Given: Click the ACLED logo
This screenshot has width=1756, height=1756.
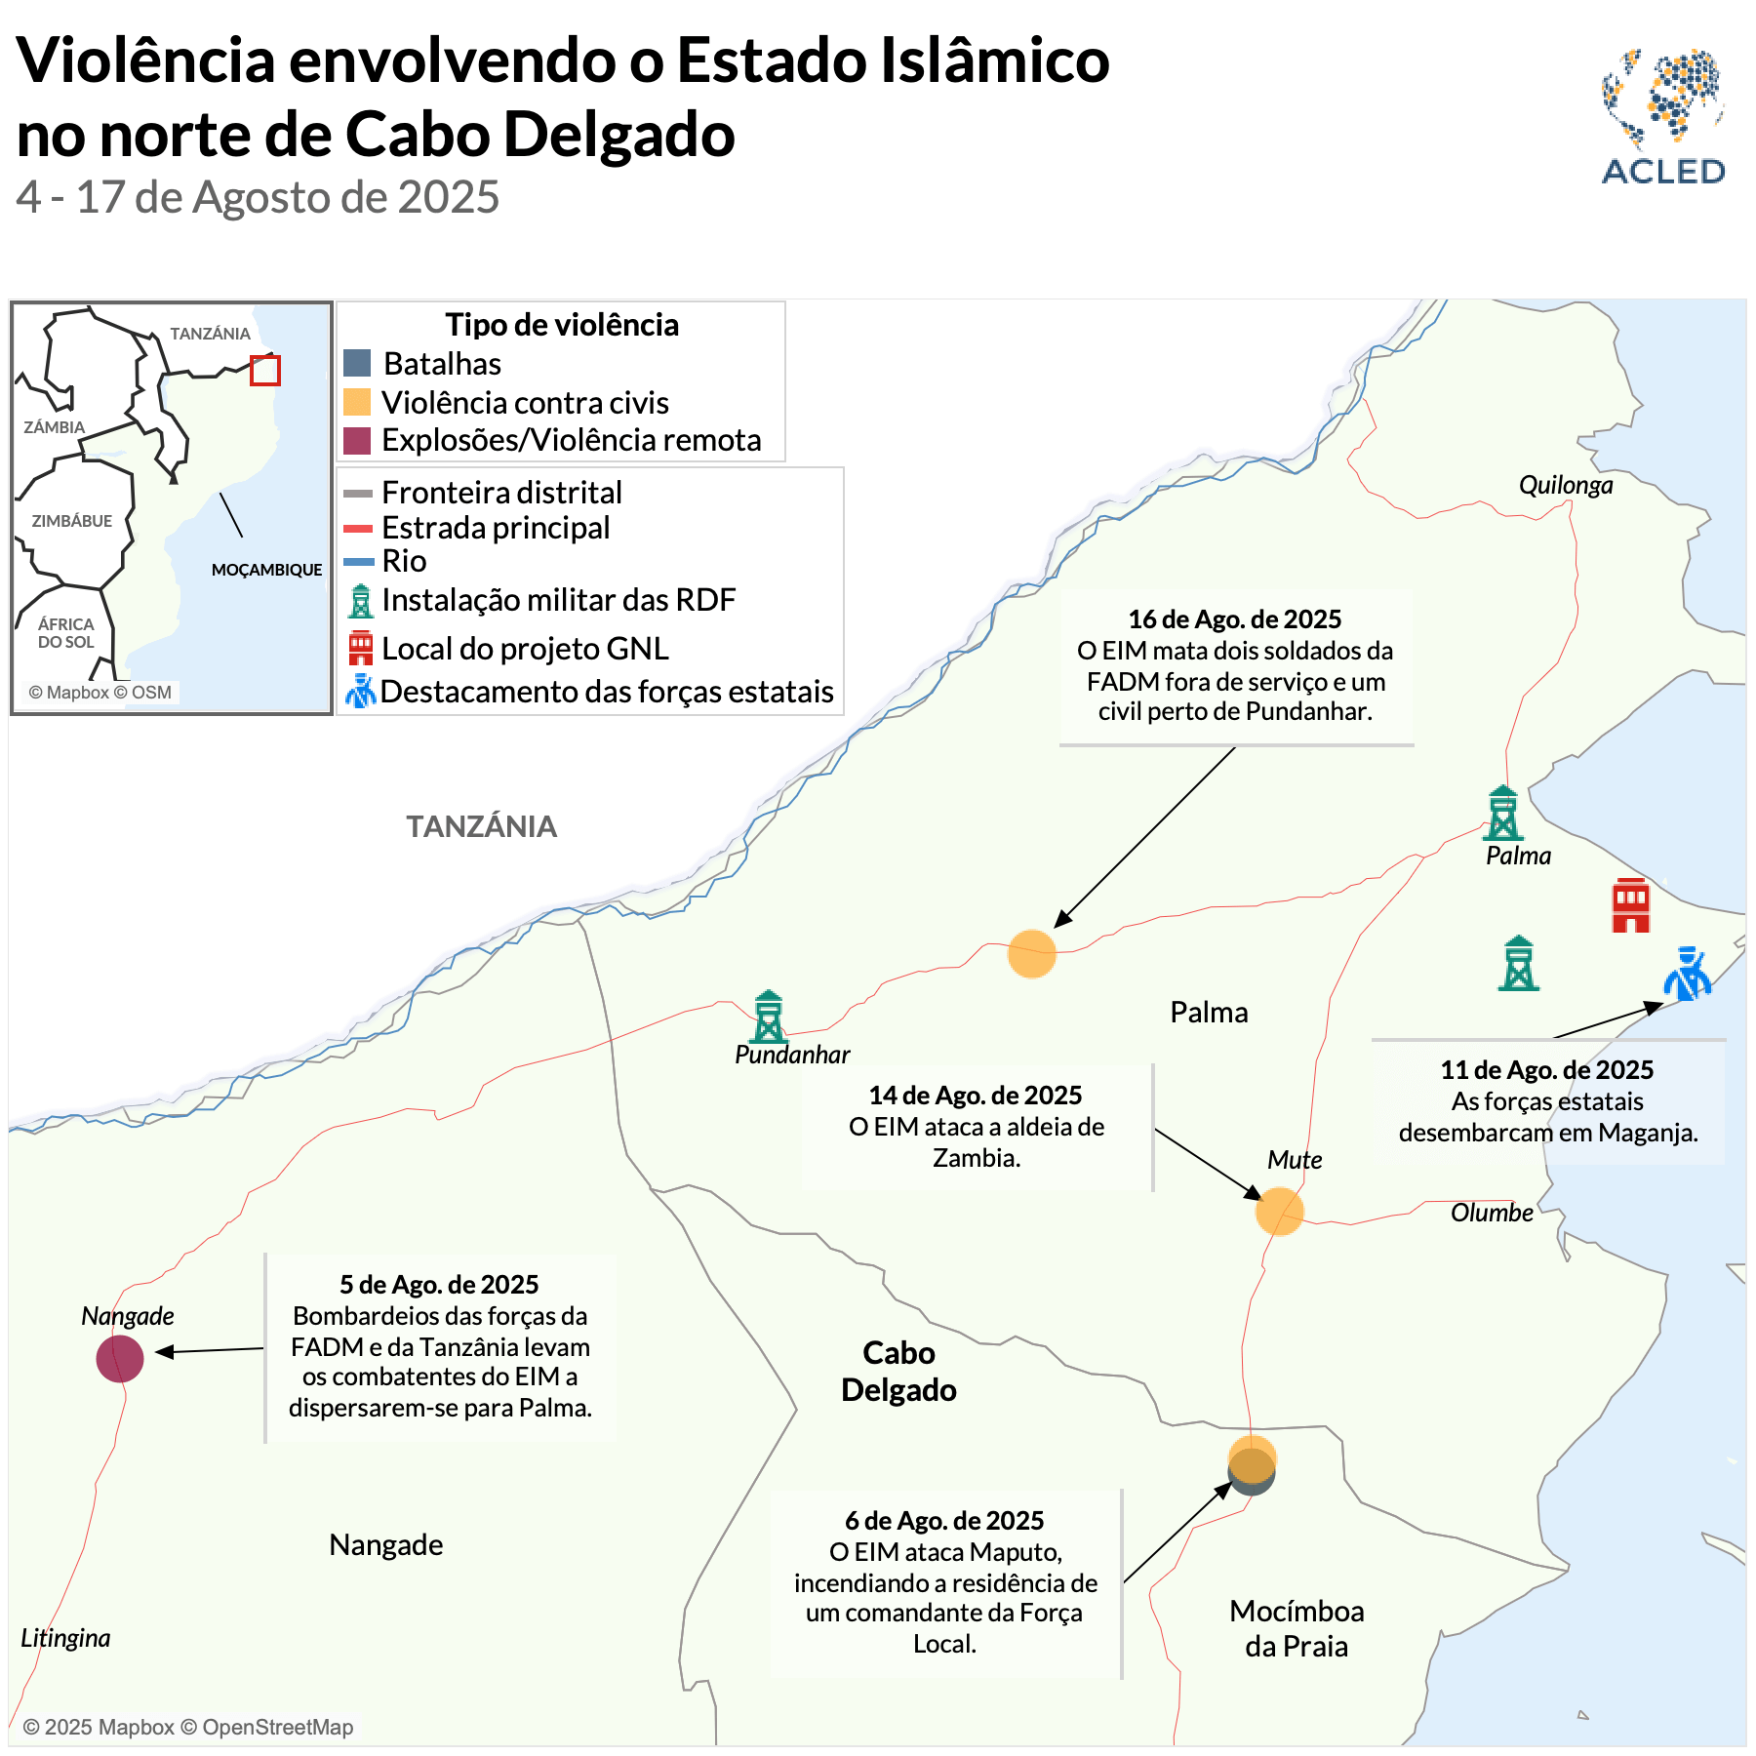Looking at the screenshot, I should click(1663, 116).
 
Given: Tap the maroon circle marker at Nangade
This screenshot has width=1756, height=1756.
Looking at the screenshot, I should click(120, 1358).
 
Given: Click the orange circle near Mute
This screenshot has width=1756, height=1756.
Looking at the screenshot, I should click(1279, 1211).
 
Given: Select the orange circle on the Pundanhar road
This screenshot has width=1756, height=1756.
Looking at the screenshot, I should click(1031, 953).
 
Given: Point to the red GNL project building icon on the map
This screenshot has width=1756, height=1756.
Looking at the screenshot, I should click(1630, 905).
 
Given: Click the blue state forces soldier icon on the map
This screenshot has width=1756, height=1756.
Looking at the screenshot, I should click(1688, 974).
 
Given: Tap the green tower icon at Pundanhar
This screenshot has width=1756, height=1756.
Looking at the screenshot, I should click(768, 1017).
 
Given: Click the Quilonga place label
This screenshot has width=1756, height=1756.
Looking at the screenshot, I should click(1565, 485).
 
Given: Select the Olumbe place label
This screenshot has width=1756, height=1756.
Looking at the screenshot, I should click(1491, 1213).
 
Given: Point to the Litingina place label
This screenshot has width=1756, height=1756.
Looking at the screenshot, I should click(65, 1638).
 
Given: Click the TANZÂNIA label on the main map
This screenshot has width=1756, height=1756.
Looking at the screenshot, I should click(481, 826).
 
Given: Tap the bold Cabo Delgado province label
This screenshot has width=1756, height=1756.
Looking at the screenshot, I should click(898, 1371).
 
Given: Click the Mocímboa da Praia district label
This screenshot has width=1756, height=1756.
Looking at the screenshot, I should click(1296, 1628).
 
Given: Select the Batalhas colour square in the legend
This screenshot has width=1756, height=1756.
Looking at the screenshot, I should click(357, 364).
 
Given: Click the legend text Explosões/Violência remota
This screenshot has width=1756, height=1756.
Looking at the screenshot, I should click(571, 440).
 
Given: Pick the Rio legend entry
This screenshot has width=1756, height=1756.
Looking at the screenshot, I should click(404, 561).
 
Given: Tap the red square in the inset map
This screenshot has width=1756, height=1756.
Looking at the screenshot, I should click(265, 371).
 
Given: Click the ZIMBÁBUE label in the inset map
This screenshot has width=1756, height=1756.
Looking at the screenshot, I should click(71, 521).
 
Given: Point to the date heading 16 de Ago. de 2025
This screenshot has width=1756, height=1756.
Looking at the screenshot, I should click(1234, 619).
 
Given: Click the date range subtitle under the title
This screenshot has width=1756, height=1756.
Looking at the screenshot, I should click(258, 197).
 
